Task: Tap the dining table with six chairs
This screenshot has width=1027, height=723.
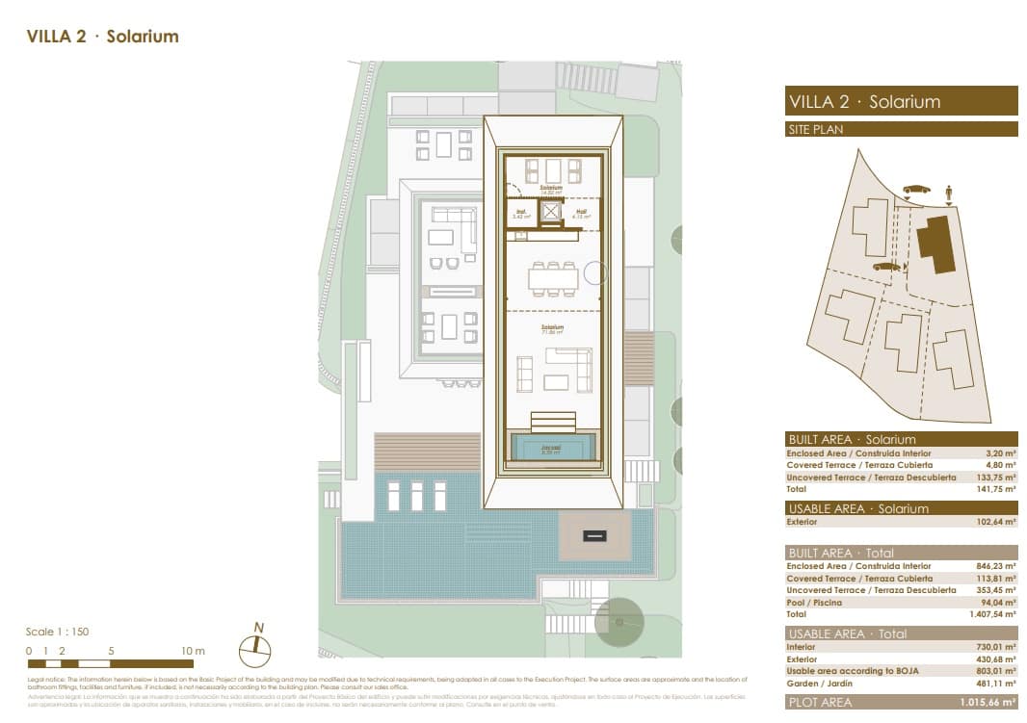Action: click(553, 278)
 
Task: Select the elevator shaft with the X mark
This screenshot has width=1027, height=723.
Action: click(551, 212)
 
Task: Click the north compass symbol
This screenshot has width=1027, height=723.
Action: click(255, 650)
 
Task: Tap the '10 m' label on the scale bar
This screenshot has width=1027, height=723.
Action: click(193, 651)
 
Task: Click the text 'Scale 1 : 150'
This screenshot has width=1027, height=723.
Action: click(57, 632)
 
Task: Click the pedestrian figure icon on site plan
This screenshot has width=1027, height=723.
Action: click(949, 194)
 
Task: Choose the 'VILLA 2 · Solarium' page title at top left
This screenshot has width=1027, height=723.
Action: click(102, 37)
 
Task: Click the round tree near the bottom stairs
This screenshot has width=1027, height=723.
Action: click(617, 621)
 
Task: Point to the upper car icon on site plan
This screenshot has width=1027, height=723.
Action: click(916, 189)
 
